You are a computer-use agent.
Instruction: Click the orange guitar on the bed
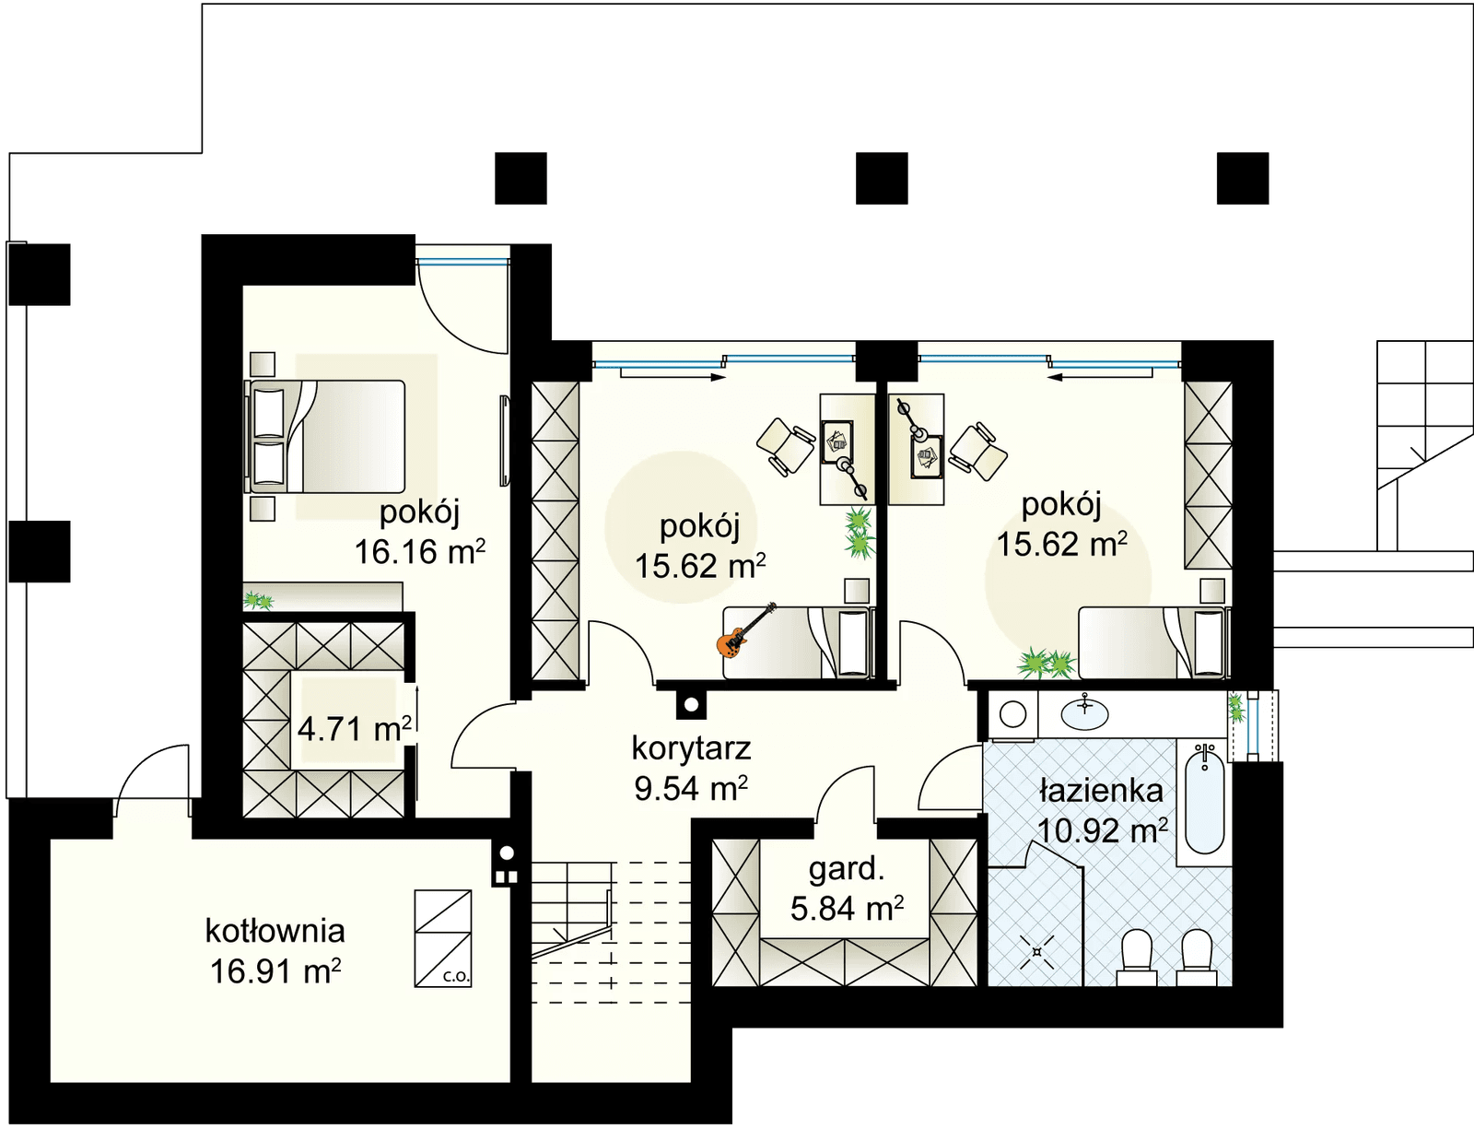click(x=744, y=631)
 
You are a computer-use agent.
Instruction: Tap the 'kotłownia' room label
click(x=275, y=930)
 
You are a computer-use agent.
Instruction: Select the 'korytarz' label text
click(x=691, y=748)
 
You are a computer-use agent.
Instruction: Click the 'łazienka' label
click(x=1102, y=791)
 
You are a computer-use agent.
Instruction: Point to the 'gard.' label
click(x=847, y=869)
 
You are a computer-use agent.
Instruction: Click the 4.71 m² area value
click(x=354, y=730)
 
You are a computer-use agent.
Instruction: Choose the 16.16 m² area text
click(x=420, y=552)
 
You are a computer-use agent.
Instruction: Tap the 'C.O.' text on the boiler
click(x=456, y=978)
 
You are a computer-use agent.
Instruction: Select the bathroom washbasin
click(x=1084, y=713)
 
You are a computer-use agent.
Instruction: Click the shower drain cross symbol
click(x=1035, y=951)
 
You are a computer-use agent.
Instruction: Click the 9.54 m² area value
click(x=691, y=788)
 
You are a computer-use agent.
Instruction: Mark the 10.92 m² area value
click(x=1103, y=830)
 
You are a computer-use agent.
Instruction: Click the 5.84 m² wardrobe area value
click(x=847, y=909)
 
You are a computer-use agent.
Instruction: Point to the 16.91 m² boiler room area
click(x=275, y=970)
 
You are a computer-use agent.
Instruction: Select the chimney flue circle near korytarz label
click(x=691, y=705)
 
